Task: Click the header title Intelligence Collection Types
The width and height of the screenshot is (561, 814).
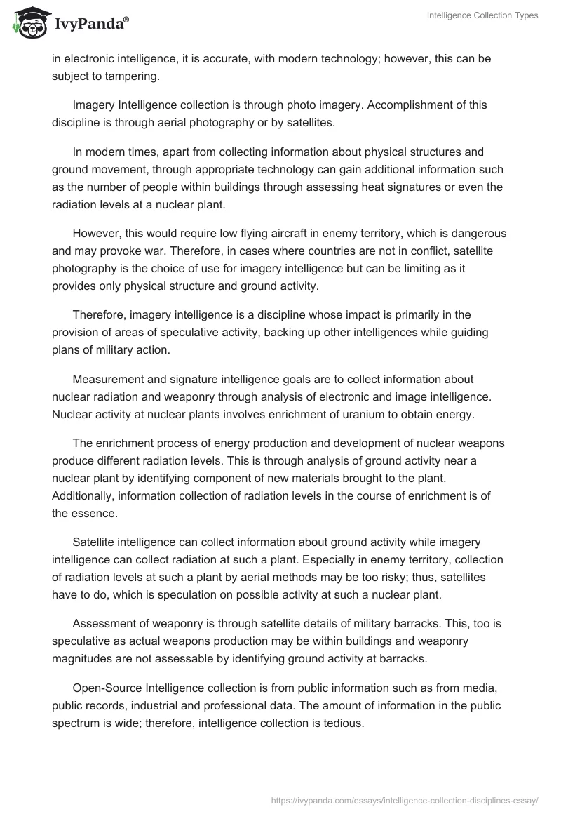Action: click(482, 15)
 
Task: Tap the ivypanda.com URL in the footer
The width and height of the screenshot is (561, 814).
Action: click(405, 799)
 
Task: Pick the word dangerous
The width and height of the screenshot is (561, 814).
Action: click(473, 233)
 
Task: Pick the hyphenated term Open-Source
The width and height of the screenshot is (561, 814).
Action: click(107, 694)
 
